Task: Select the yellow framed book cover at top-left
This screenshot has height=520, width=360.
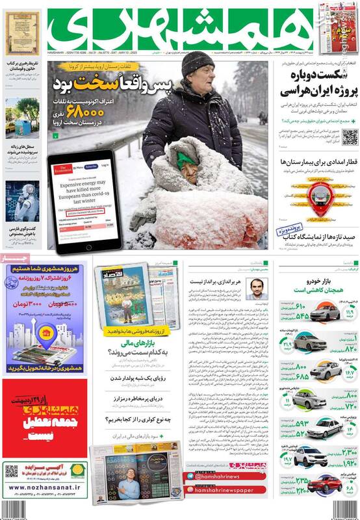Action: pyautogui.click(x=18, y=33)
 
